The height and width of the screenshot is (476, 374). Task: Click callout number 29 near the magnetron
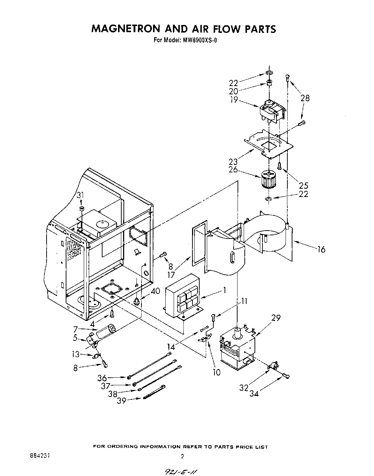pyautogui.click(x=276, y=318)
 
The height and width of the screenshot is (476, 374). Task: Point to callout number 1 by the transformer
pyautogui.click(x=224, y=290)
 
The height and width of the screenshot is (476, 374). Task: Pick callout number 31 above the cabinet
pyautogui.click(x=80, y=196)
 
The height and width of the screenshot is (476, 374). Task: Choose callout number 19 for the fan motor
pyautogui.click(x=234, y=100)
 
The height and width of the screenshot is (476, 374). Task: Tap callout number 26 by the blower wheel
pyautogui.click(x=233, y=170)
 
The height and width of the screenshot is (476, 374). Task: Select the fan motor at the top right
pyautogui.click(x=271, y=110)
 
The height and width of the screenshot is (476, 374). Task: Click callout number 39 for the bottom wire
pyautogui.click(x=122, y=401)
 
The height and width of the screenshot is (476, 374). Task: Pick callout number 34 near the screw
pyautogui.click(x=254, y=393)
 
